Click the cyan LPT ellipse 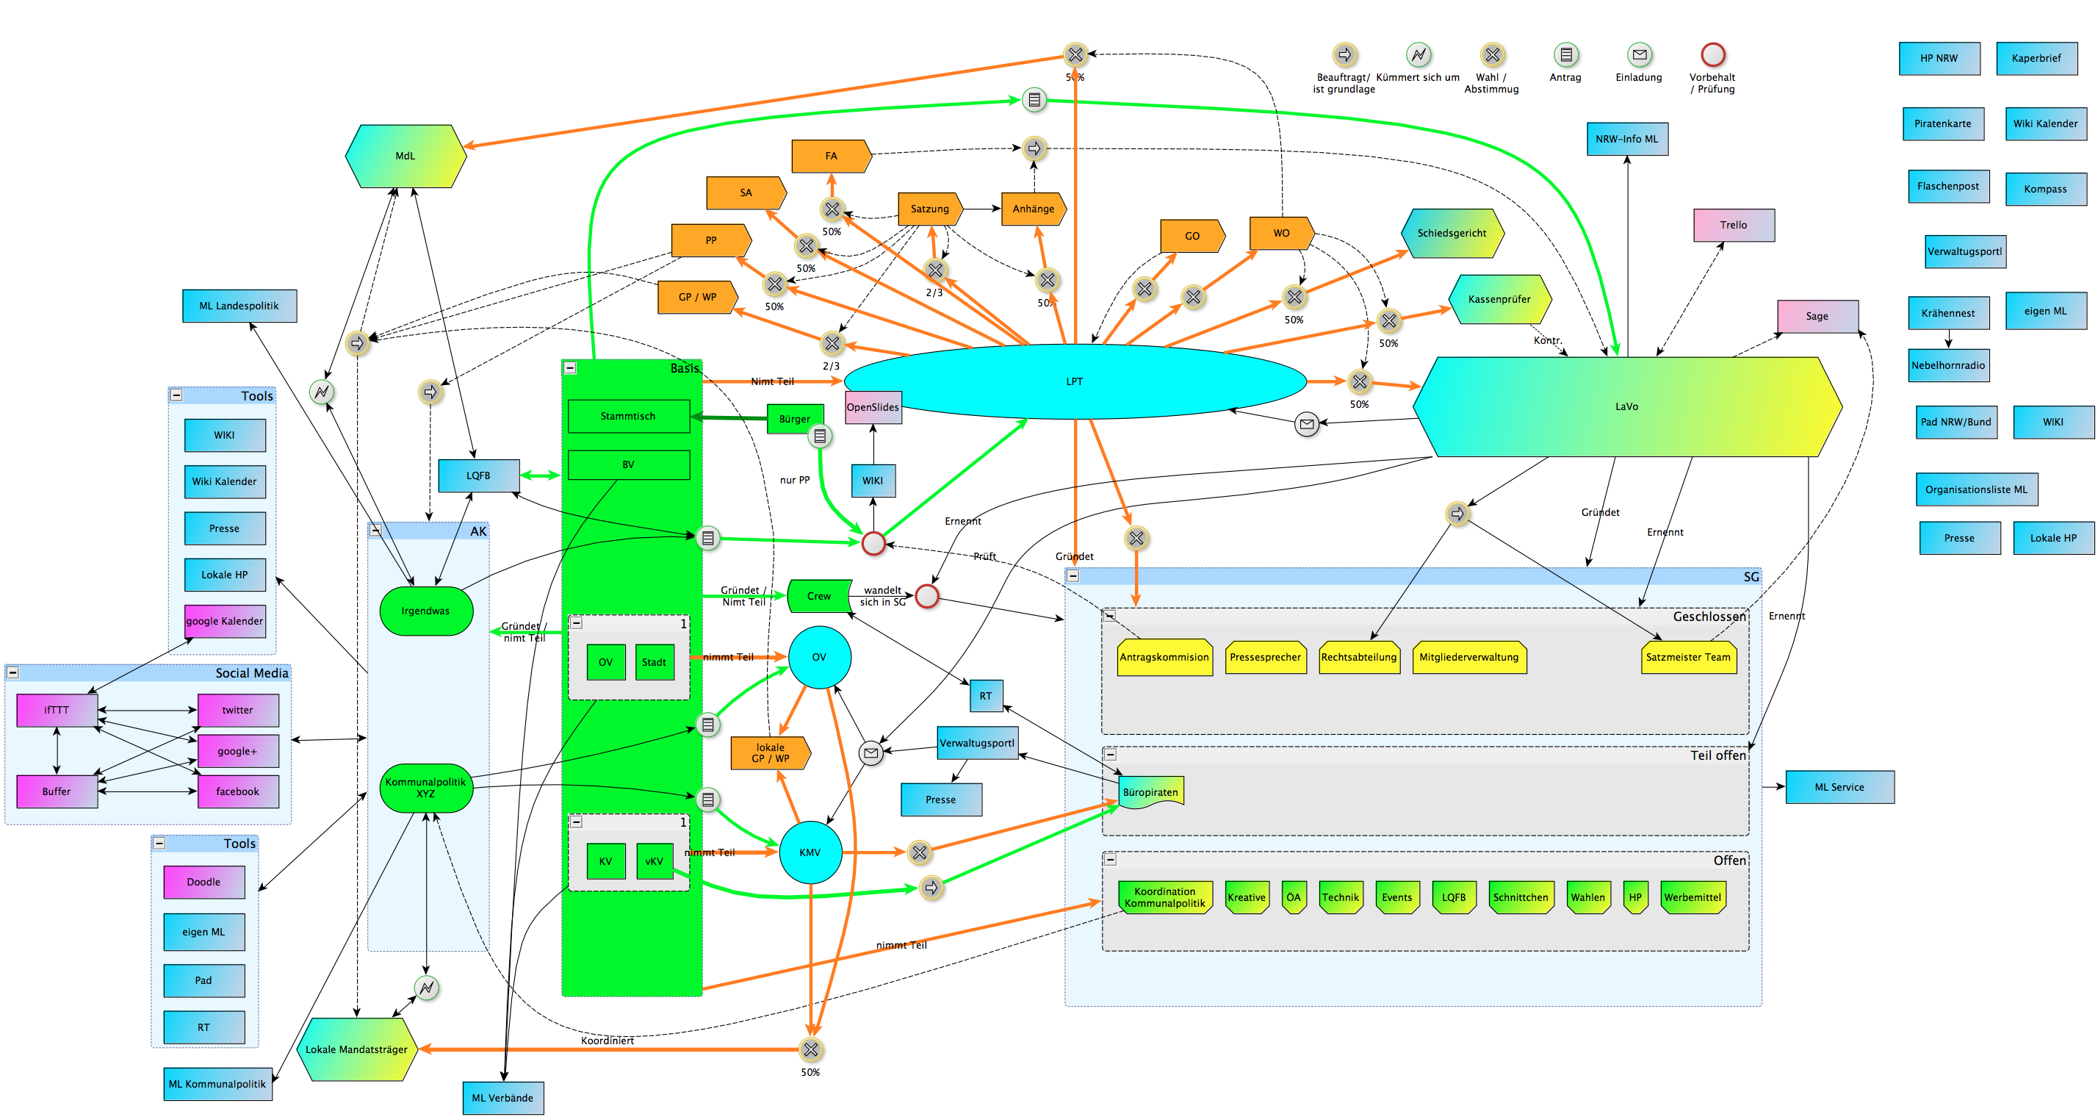tap(1074, 381)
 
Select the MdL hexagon tap(405, 156)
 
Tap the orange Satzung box tap(929, 209)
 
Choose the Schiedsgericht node tap(1452, 233)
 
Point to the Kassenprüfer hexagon tap(1499, 299)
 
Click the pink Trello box tap(1733, 225)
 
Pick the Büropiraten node tap(1150, 792)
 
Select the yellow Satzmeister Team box tap(1687, 658)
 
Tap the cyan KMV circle tap(810, 852)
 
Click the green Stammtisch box tap(628, 415)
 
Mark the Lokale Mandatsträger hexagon tap(357, 1049)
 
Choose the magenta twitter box tap(238, 710)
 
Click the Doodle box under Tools tap(203, 882)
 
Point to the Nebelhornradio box tap(1947, 365)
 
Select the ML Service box tap(1839, 787)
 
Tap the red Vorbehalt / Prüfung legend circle tap(1713, 54)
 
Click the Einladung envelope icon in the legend tap(1639, 54)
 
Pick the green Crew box tap(819, 595)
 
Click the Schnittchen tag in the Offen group tap(1520, 897)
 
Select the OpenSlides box tap(872, 407)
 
